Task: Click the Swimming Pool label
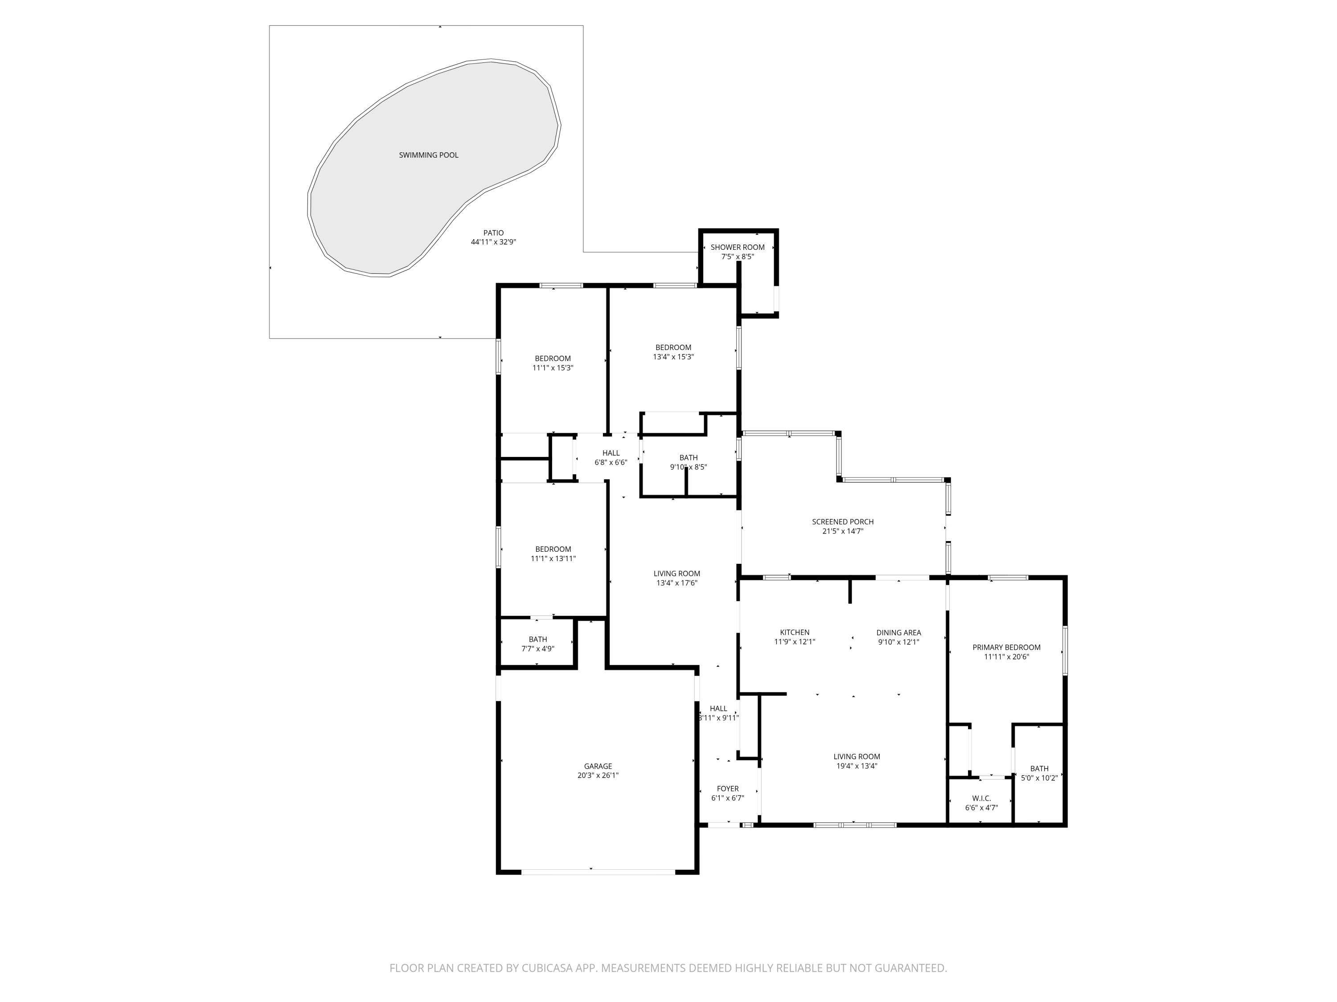(429, 155)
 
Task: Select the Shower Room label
(738, 247)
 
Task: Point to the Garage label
(598, 766)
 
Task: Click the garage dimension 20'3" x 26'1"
(598, 775)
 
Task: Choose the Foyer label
(728, 789)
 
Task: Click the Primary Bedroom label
(1006, 648)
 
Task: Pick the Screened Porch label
(843, 522)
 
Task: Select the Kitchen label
(795, 632)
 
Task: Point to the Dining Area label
(899, 633)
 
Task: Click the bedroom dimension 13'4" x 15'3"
(673, 357)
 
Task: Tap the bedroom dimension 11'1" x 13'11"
(553, 559)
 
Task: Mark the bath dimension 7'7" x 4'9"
(538, 649)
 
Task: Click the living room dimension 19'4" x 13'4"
(857, 766)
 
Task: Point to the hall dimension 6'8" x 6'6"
(611, 463)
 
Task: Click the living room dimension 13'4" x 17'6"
(677, 583)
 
